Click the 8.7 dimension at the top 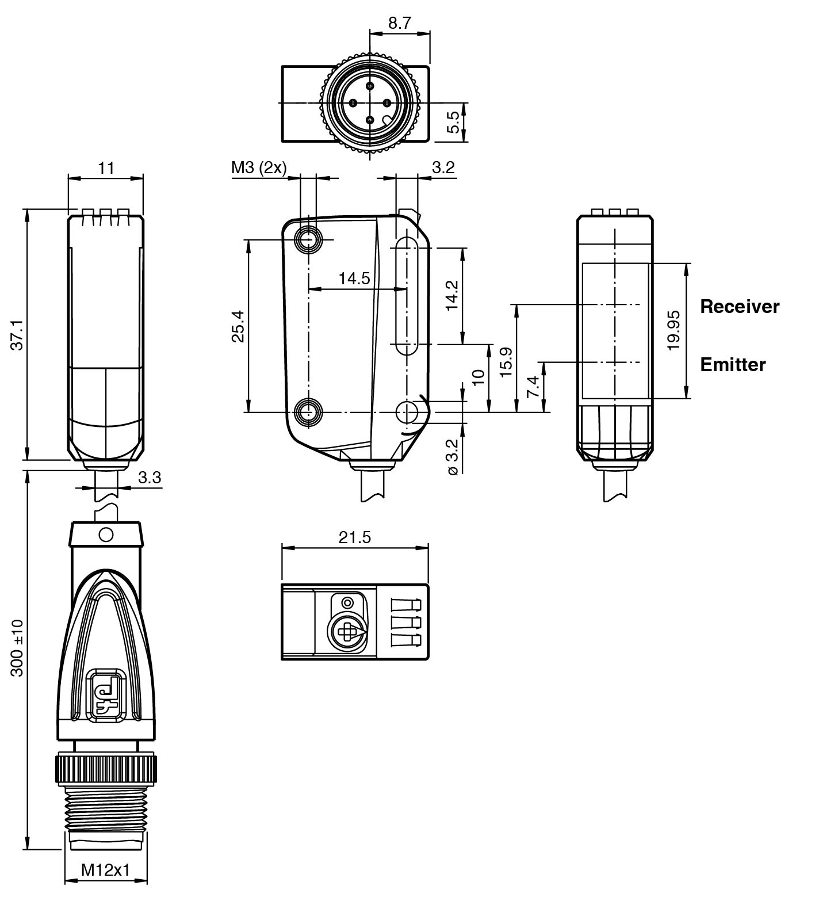coord(400,24)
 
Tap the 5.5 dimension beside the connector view coord(453,122)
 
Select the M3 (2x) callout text coord(259,168)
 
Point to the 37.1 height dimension coord(17,334)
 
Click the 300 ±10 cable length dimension coord(17,647)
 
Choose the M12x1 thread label coord(106,870)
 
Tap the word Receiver coord(739,307)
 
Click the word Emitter coord(732,365)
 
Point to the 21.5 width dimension coord(355,537)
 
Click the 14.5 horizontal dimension coord(354,279)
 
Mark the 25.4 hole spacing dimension coord(238,326)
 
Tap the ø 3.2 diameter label coord(452,457)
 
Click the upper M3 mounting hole coord(308,240)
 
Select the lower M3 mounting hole coord(308,411)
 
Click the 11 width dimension coord(106,168)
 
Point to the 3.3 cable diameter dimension coord(150,478)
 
